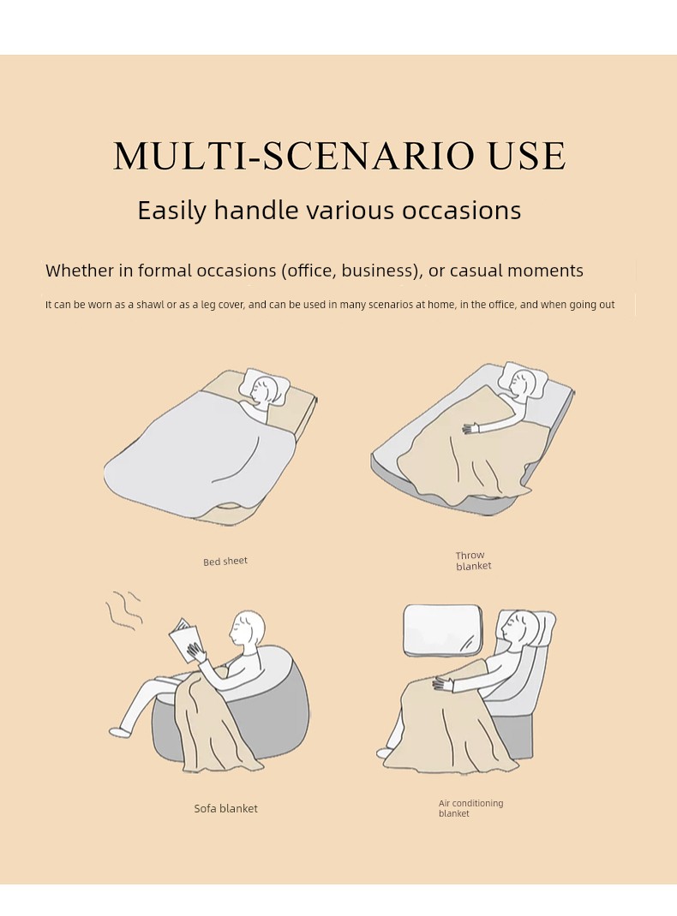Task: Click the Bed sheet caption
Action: pyautogui.click(x=225, y=562)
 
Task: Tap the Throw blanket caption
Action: pyautogui.click(x=474, y=561)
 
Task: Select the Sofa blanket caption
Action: pyautogui.click(x=225, y=808)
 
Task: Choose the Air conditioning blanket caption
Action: pyautogui.click(x=470, y=808)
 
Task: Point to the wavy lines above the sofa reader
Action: pyautogui.click(x=123, y=610)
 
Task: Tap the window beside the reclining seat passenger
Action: pyautogui.click(x=442, y=630)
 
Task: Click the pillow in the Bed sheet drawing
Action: pyautogui.click(x=264, y=385)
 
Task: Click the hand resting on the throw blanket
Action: pyautogui.click(x=470, y=429)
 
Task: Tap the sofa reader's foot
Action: pyautogui.click(x=120, y=732)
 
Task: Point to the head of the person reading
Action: pyautogui.click(x=248, y=628)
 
